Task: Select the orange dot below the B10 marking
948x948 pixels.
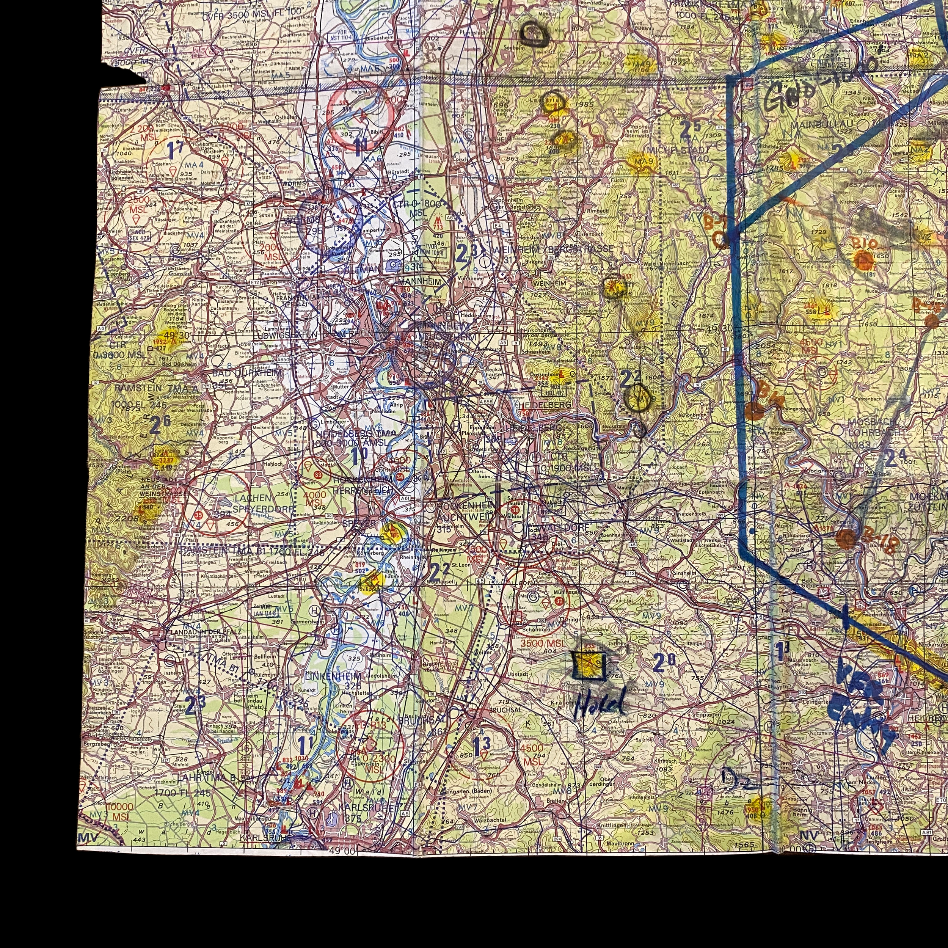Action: click(x=863, y=260)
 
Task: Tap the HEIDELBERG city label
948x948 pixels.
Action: click(x=545, y=405)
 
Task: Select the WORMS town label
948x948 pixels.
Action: click(x=294, y=184)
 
